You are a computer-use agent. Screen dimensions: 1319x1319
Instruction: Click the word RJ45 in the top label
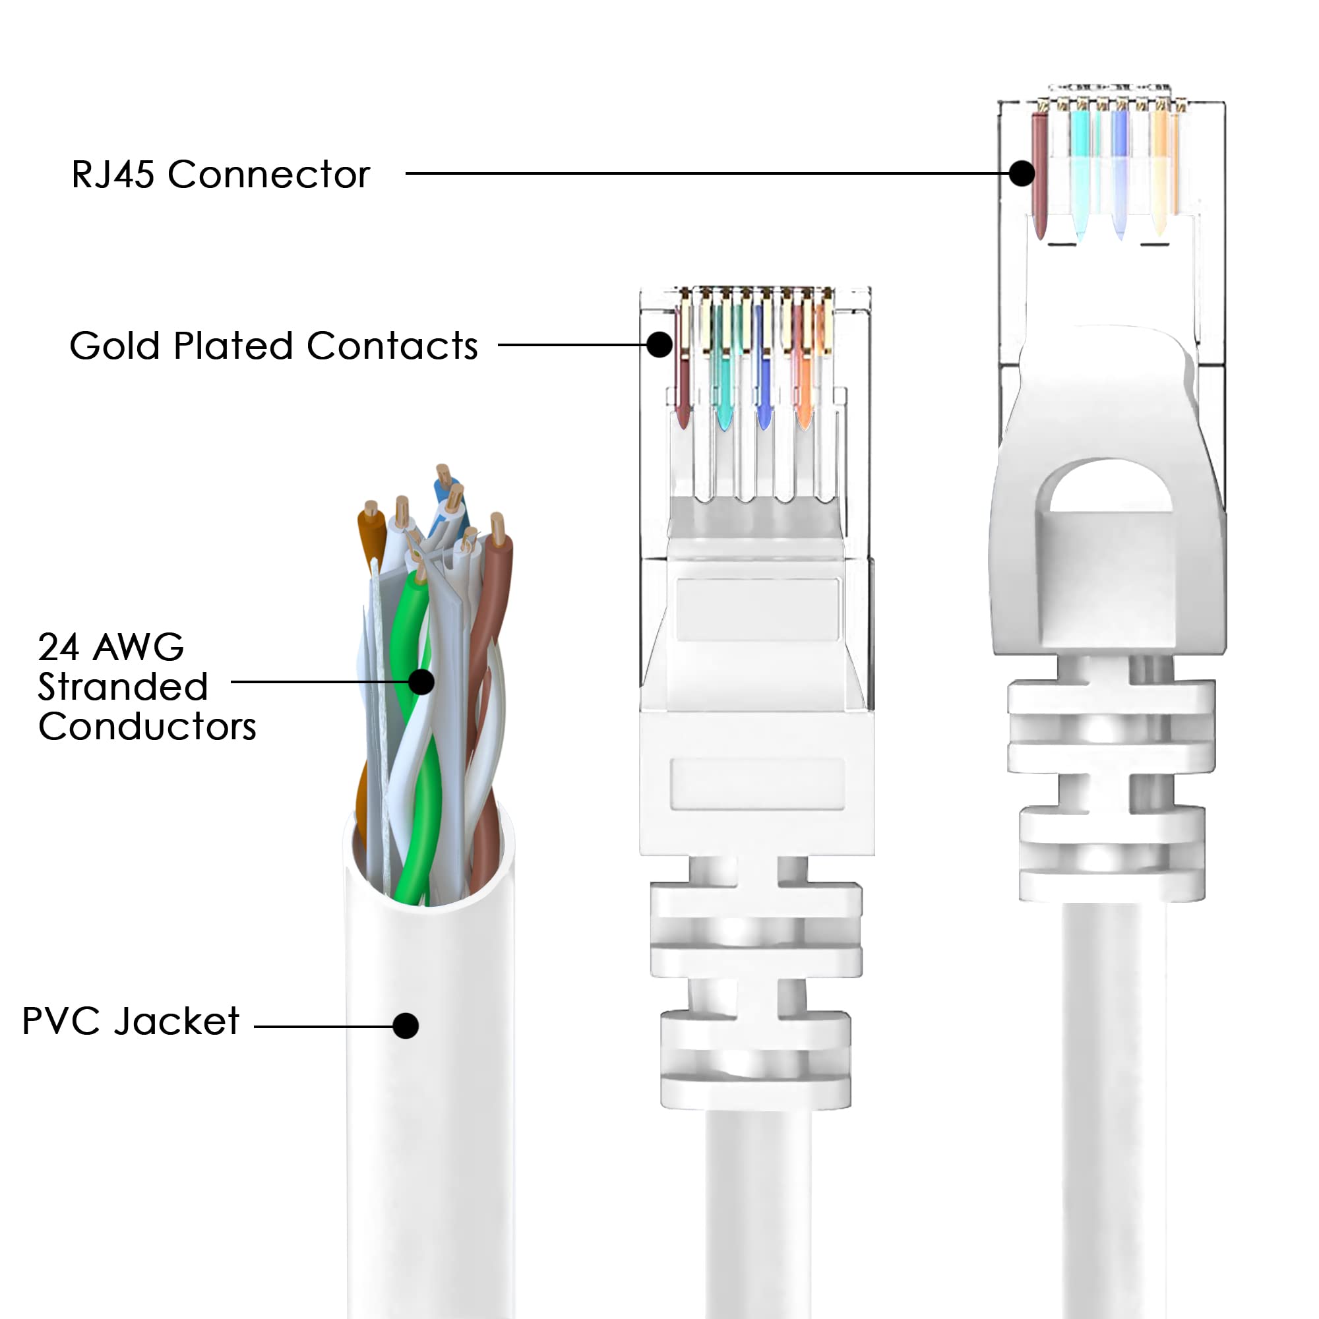[x=113, y=174]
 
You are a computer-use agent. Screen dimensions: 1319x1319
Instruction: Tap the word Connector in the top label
[x=268, y=174]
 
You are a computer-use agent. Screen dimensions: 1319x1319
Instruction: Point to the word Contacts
[x=392, y=346]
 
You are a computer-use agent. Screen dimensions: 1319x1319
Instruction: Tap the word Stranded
[x=123, y=686]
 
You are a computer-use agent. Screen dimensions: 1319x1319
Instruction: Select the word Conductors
[x=147, y=725]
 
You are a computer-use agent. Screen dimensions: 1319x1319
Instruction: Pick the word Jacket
[x=177, y=1022]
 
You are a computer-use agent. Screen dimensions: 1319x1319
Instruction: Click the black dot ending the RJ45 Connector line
[x=1022, y=173]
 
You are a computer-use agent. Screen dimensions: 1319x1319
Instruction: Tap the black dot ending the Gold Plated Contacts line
[x=659, y=344]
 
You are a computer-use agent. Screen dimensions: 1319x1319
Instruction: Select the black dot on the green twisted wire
[x=422, y=681]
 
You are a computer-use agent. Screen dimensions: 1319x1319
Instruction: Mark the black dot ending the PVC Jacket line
[x=406, y=1026]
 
